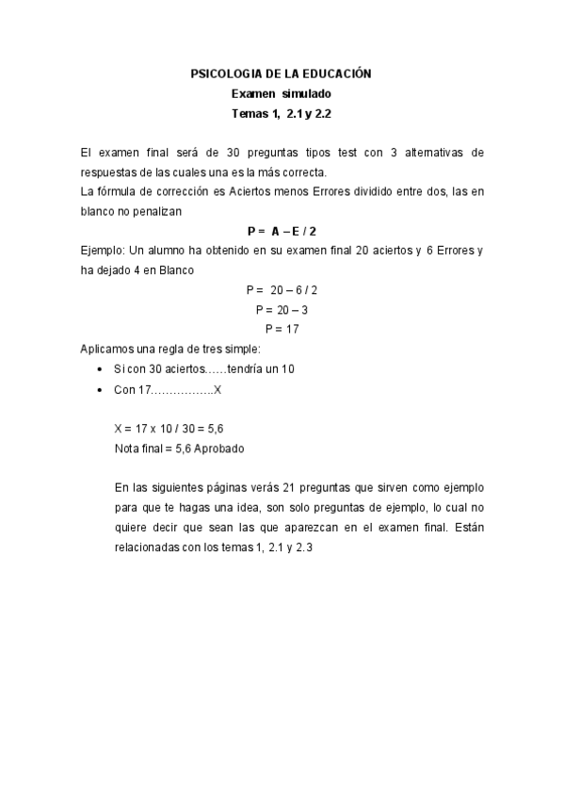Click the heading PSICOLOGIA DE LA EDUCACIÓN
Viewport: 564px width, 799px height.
[x=282, y=73]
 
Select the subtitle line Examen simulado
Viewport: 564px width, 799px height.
[x=282, y=93]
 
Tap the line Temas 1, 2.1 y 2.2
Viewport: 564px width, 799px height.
[x=282, y=114]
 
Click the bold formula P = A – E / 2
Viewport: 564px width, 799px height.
[x=281, y=231]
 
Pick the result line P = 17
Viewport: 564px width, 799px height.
[x=282, y=329]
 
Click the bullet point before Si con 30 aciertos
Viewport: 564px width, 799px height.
[x=100, y=369]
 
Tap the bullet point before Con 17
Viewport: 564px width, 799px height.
[x=100, y=389]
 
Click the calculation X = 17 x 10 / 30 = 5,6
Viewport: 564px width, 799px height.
[x=169, y=429]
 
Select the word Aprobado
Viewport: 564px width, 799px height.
[x=218, y=448]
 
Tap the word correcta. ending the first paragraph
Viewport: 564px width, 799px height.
[x=302, y=172]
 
